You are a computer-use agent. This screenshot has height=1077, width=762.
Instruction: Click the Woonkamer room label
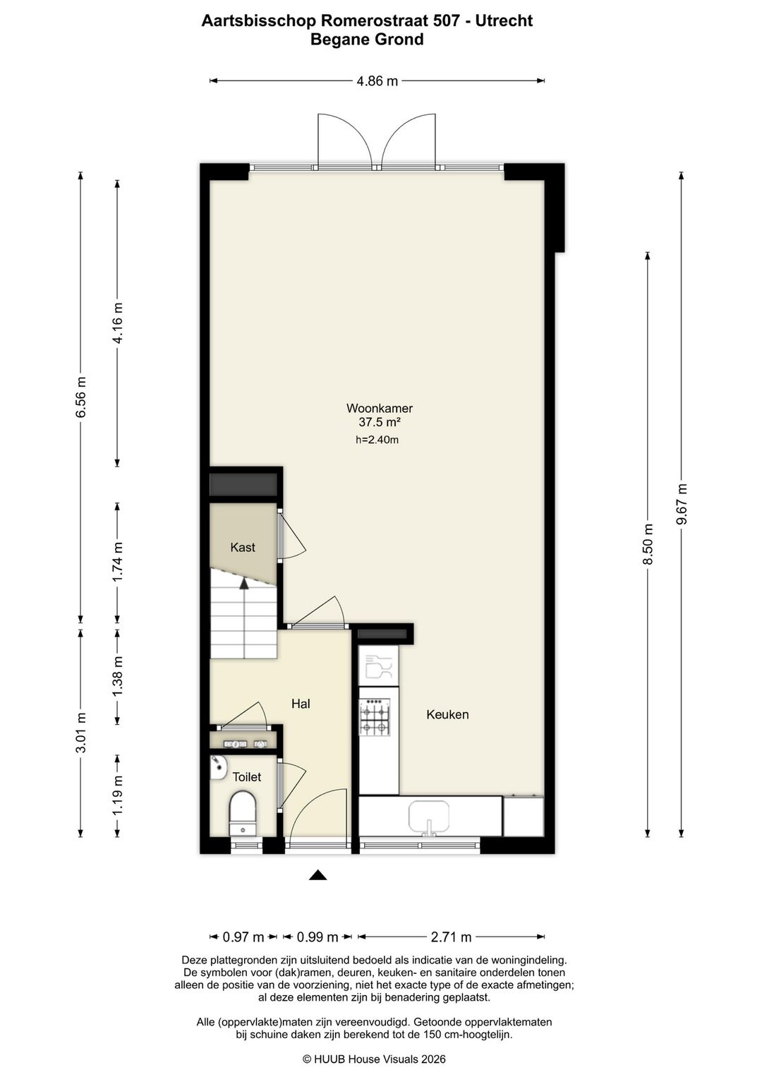pyautogui.click(x=380, y=408)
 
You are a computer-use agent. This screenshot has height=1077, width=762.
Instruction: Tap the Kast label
pyautogui.click(x=243, y=547)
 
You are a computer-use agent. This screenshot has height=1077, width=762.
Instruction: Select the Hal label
pyautogui.click(x=301, y=704)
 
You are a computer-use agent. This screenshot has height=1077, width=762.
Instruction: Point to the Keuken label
pyautogui.click(x=447, y=714)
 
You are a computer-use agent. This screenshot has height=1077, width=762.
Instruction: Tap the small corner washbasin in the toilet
pyautogui.click(x=219, y=768)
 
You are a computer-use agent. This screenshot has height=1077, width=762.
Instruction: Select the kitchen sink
pyautogui.click(x=429, y=816)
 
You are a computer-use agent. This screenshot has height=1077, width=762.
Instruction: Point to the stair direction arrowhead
pyautogui.click(x=244, y=583)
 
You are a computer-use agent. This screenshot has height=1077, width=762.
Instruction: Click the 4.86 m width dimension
pyautogui.click(x=377, y=81)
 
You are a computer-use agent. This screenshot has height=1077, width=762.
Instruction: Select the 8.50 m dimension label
pyautogui.click(x=648, y=544)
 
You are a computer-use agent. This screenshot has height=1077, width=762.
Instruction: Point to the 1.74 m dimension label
pyautogui.click(x=117, y=562)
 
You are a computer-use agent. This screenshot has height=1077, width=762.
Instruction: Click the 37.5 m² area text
pyautogui.click(x=380, y=422)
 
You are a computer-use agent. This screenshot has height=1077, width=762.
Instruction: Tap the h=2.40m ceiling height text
pyautogui.click(x=377, y=440)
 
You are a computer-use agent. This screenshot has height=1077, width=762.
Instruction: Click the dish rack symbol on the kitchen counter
pyautogui.click(x=379, y=666)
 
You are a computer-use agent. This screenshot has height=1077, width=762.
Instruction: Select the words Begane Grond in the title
pyautogui.click(x=367, y=39)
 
